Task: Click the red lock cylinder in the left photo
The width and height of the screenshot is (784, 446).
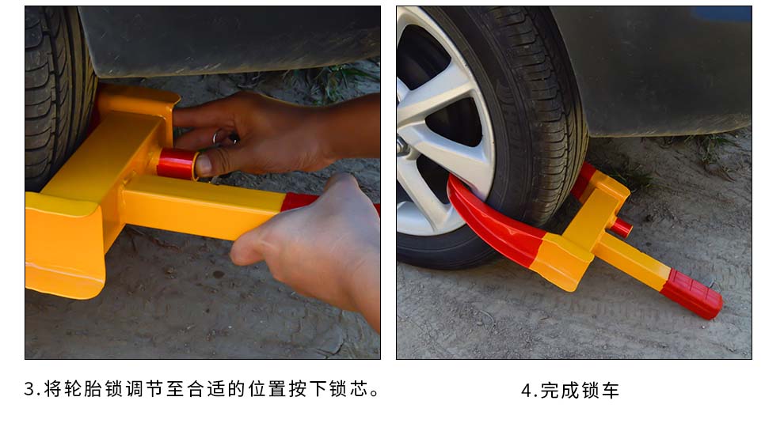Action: coord(177,164)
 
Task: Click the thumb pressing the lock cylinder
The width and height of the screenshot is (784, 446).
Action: coord(210,164)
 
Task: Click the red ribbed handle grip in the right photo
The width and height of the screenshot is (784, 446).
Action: coord(692,293)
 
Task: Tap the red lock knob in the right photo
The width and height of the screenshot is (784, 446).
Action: coord(621,227)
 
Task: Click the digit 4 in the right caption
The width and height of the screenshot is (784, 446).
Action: coord(526,391)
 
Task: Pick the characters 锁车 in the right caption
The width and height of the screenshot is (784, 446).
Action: coord(600,391)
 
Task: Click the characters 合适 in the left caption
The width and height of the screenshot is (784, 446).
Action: coord(206,389)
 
